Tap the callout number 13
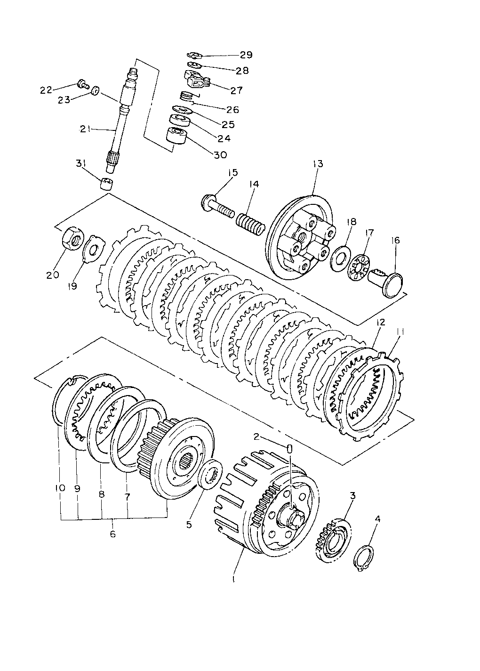[318, 164]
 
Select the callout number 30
[220, 154]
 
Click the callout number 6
[112, 534]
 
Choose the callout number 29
[246, 55]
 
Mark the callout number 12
[381, 323]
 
